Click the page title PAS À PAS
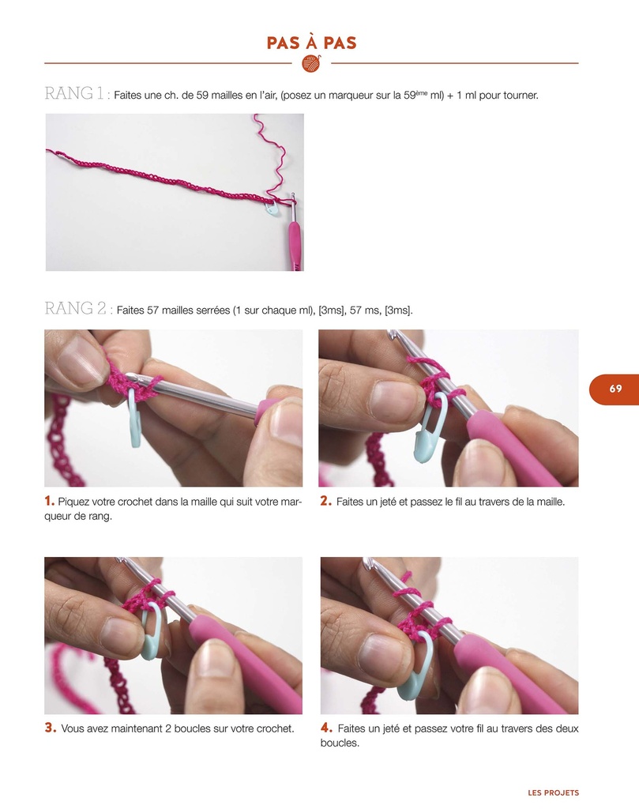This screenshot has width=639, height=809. pyautogui.click(x=311, y=43)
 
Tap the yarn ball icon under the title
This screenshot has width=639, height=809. pyautogui.click(x=311, y=63)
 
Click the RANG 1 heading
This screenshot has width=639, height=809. pyautogui.click(x=75, y=94)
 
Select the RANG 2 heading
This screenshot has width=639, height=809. pyautogui.click(x=77, y=309)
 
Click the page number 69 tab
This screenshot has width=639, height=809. pyautogui.click(x=615, y=389)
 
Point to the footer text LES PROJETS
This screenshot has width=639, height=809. pyautogui.click(x=553, y=792)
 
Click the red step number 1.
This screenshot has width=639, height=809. pyautogui.click(x=49, y=501)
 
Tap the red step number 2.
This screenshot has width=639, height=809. pyautogui.click(x=325, y=501)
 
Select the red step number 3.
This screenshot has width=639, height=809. pyautogui.click(x=49, y=728)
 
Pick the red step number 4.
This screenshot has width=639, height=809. pyautogui.click(x=326, y=728)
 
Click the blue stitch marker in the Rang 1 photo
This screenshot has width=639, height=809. pyautogui.click(x=272, y=209)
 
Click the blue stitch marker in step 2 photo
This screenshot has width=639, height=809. pyautogui.click(x=432, y=434)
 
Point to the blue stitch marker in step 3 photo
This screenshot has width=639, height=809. pyautogui.click(x=153, y=637)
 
